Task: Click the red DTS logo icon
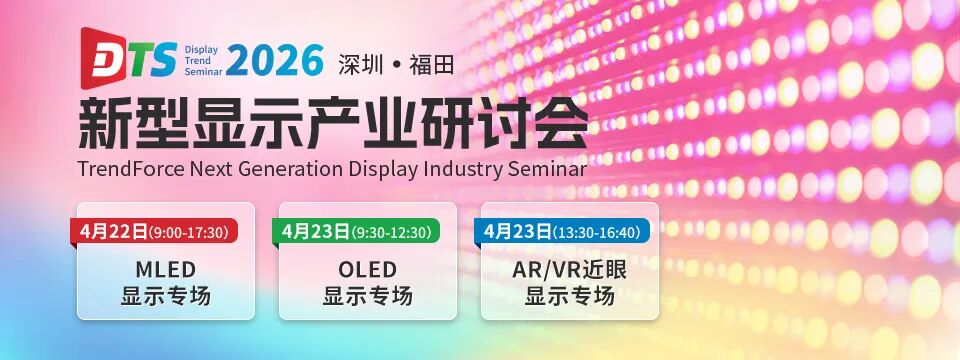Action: click(103, 58)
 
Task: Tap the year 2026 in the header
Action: click(275, 61)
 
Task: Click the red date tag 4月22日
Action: click(113, 232)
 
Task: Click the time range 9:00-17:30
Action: click(189, 233)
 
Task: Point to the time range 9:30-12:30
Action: click(391, 233)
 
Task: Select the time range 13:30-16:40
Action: click(597, 233)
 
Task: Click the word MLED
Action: click(165, 269)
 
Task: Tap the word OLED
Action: click(367, 269)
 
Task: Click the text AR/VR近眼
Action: click(569, 269)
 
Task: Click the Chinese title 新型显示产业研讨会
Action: click(333, 126)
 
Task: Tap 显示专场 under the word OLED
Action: click(367, 296)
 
